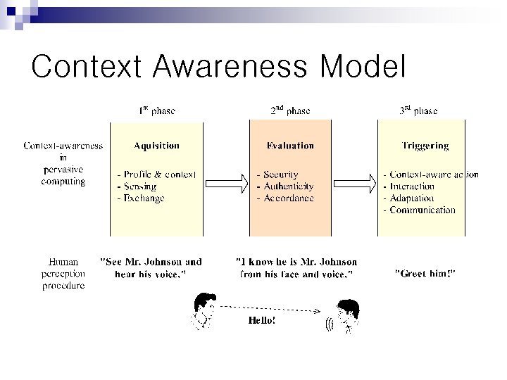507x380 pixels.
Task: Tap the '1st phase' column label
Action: [x=156, y=110]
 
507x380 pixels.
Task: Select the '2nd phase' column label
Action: [x=290, y=110]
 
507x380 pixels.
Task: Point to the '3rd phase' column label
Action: [x=418, y=110]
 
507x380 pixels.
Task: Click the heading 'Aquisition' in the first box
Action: [x=156, y=146]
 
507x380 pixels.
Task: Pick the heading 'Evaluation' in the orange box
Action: [x=290, y=146]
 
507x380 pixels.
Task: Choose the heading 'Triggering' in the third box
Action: [x=425, y=146]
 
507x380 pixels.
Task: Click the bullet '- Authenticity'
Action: [x=285, y=186]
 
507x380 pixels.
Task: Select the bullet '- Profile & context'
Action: [x=156, y=175]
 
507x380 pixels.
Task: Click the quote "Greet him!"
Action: [x=425, y=273]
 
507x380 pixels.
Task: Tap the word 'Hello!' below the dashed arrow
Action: [x=262, y=320]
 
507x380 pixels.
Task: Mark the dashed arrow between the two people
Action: [x=271, y=308]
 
